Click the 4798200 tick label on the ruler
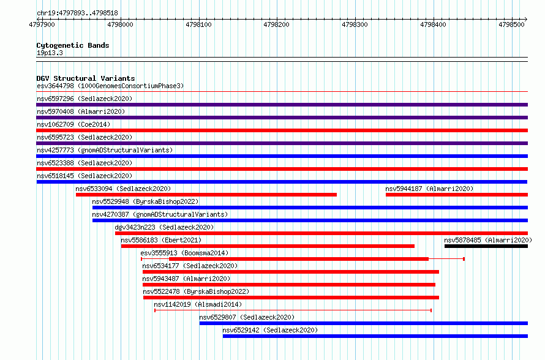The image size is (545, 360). [276, 24]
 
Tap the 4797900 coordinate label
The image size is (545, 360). [42, 24]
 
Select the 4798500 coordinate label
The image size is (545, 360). [511, 24]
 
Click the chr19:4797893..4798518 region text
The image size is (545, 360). [77, 13]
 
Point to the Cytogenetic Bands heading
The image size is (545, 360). [73, 45]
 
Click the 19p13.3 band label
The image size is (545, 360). [50, 53]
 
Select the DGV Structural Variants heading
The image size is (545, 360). [86, 78]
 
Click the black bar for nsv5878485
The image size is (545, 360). [486, 246]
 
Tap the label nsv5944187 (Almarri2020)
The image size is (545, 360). [429, 189]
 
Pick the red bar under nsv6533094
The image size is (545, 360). [206, 195]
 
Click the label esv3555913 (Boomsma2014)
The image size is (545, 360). [184, 253]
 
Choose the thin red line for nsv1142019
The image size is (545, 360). [293, 310]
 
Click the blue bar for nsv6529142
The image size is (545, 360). [375, 336]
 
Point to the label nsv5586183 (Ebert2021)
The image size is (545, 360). [161, 240]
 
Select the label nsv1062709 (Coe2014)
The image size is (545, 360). [73, 124]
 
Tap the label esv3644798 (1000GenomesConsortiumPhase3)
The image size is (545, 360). [110, 86]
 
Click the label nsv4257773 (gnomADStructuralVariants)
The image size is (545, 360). [105, 150]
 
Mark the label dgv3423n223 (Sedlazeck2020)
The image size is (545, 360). [164, 227]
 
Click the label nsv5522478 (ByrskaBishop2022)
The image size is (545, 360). [196, 291]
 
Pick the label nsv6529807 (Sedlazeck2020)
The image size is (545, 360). [247, 317]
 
